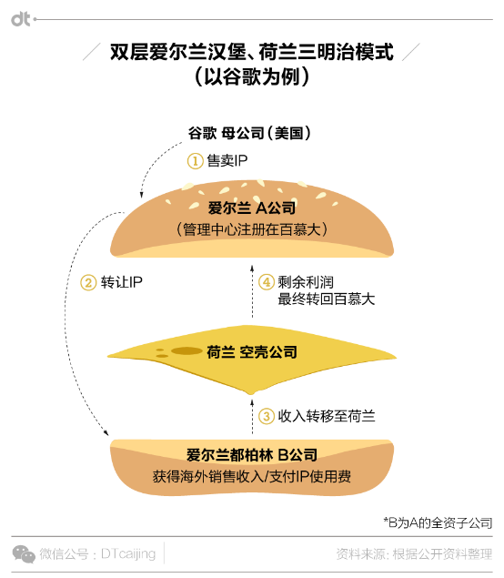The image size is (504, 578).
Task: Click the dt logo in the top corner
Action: click(20, 19)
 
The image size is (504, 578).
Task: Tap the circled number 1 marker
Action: click(196, 161)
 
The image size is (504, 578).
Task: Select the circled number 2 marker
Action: click(88, 283)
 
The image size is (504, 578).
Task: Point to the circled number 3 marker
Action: click(267, 416)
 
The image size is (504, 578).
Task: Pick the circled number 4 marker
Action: click(267, 282)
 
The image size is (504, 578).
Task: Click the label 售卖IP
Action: click(227, 161)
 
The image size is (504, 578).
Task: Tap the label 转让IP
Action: click(121, 282)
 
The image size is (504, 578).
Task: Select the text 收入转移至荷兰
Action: click(327, 416)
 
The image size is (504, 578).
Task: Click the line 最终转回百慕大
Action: click(326, 299)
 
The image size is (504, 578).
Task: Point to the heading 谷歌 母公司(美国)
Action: click(249, 133)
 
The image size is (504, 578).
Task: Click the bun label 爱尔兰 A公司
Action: click(252, 208)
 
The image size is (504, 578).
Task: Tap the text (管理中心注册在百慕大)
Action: click(252, 229)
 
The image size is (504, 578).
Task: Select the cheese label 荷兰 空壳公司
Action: click(252, 352)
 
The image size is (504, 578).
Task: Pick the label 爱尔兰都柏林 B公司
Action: click(252, 455)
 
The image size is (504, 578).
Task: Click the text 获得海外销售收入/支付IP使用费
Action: click(252, 477)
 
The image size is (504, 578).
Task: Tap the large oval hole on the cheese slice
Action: click(186, 351)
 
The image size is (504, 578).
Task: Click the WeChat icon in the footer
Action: click(24, 554)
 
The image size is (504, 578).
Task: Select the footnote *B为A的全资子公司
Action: click(438, 522)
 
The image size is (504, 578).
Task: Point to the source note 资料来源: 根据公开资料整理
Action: click(414, 554)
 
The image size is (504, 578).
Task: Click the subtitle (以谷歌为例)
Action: click(252, 76)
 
